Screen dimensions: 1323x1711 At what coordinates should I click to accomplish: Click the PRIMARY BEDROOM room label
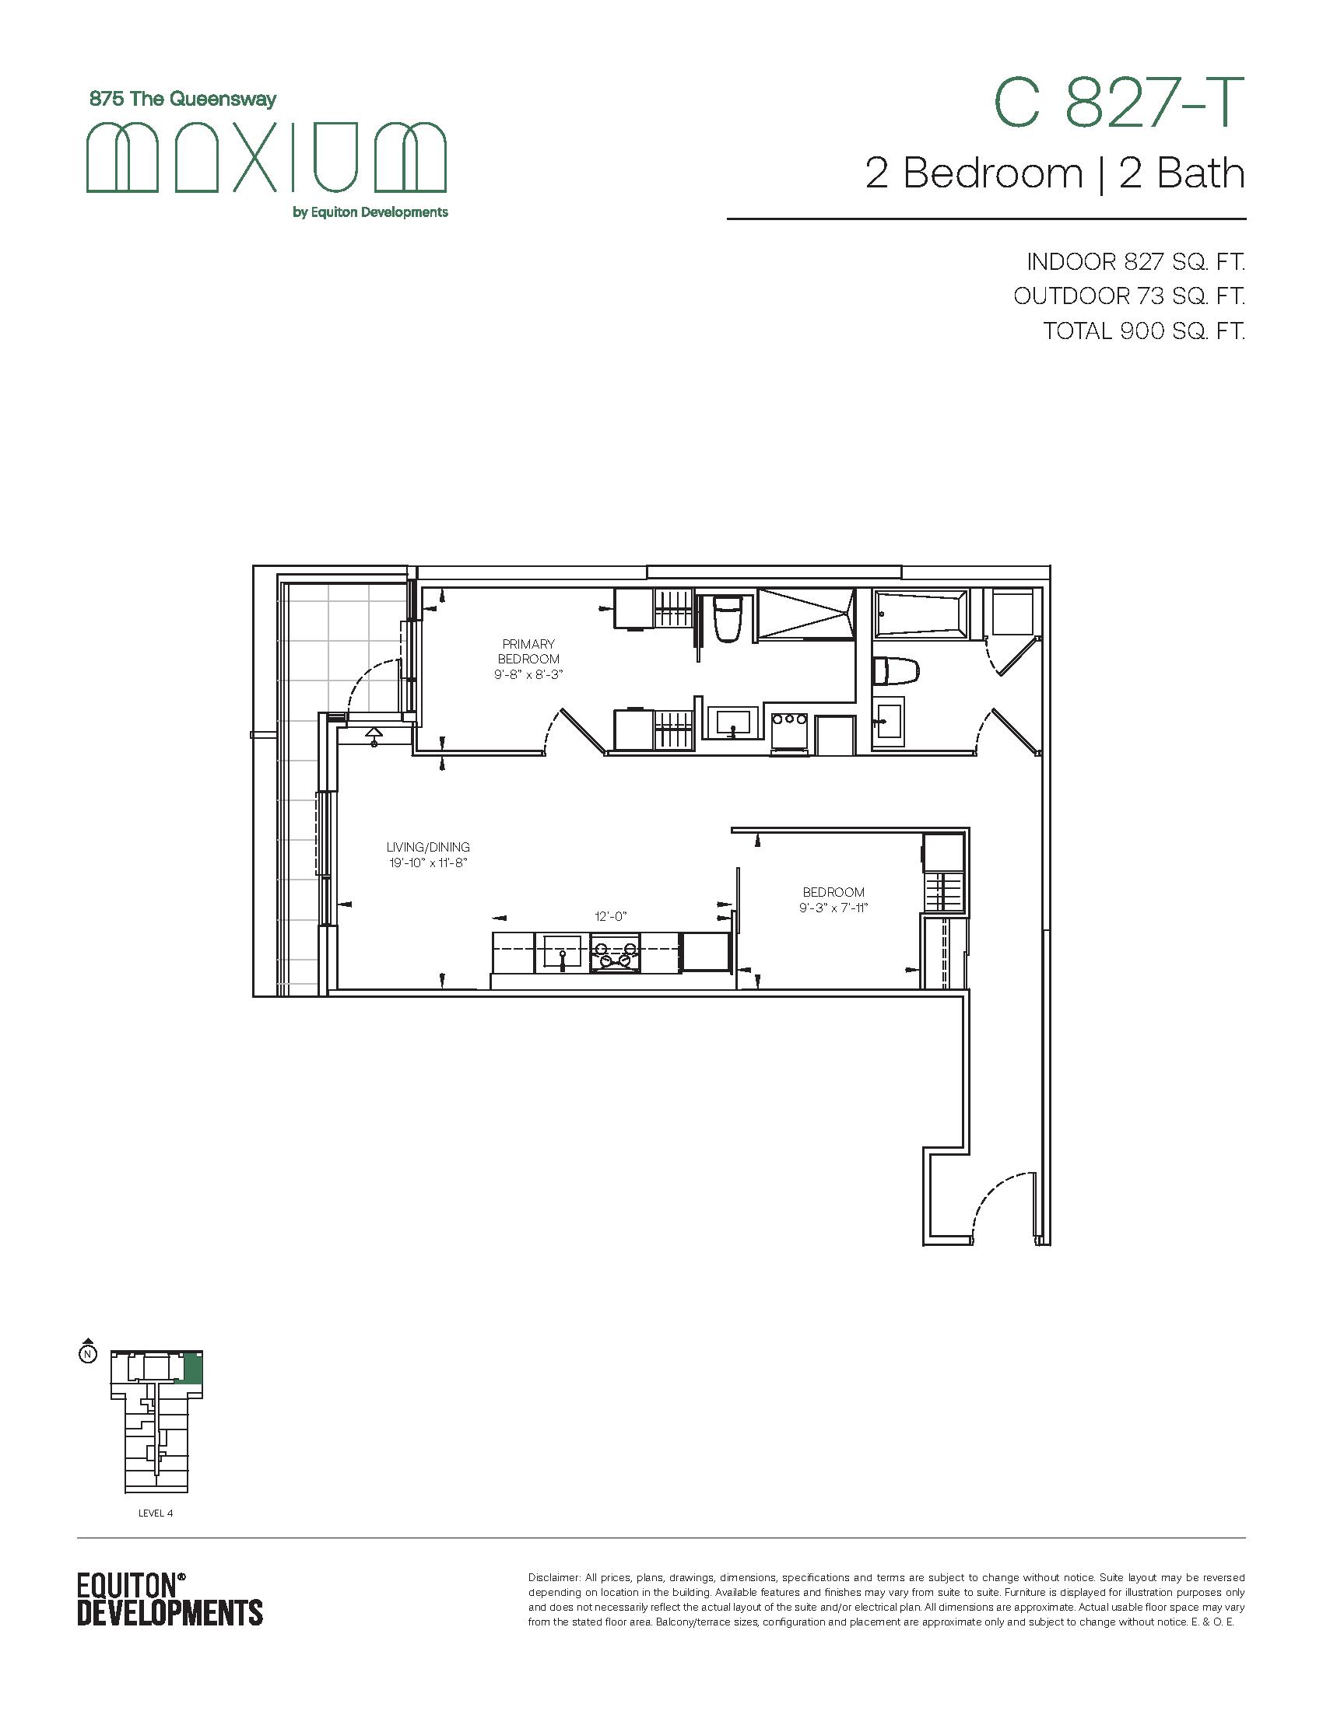[x=529, y=652]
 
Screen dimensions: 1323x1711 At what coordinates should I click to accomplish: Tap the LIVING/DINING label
[x=428, y=847]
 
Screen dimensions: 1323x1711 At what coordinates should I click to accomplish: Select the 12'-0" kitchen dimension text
[x=612, y=916]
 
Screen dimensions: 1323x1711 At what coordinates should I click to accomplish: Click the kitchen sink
[x=559, y=953]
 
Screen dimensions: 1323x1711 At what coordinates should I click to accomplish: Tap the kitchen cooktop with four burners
[x=616, y=953]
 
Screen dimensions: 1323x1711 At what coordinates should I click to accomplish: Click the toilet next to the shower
[x=728, y=618]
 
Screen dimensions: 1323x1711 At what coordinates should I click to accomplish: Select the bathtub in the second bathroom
[x=921, y=614]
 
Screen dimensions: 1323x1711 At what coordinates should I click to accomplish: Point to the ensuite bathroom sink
[x=731, y=722]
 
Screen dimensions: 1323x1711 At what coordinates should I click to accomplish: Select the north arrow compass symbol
[x=89, y=1352]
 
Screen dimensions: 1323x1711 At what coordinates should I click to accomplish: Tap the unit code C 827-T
[x=1119, y=103]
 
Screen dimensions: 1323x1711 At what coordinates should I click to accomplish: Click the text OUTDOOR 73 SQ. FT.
[x=1129, y=296]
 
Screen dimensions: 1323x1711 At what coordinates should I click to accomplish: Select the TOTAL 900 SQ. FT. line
[x=1144, y=331]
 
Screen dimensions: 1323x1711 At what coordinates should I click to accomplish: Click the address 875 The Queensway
[x=184, y=100]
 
